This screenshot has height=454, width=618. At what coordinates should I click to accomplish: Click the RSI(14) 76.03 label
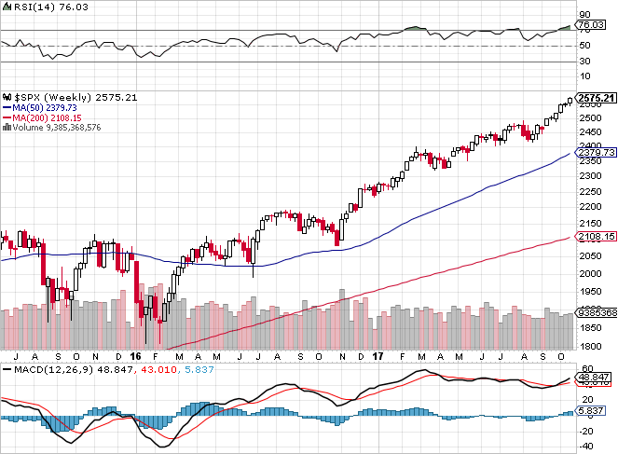(x=35, y=7)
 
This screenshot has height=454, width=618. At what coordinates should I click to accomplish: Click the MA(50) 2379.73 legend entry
(x=45, y=107)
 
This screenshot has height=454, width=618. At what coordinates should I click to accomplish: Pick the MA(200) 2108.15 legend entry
(x=48, y=117)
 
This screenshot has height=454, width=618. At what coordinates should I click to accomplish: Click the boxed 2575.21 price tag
(x=597, y=98)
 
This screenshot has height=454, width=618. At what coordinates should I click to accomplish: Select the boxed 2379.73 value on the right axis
(x=597, y=153)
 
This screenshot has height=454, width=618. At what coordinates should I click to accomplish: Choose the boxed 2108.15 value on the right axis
(x=597, y=237)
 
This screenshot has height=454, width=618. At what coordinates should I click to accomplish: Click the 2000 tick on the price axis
(x=590, y=273)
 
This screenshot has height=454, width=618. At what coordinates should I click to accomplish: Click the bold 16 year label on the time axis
(x=135, y=356)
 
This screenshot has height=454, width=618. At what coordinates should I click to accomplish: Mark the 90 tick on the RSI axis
(x=584, y=15)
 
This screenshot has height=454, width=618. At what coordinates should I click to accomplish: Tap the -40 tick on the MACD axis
(x=587, y=444)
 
